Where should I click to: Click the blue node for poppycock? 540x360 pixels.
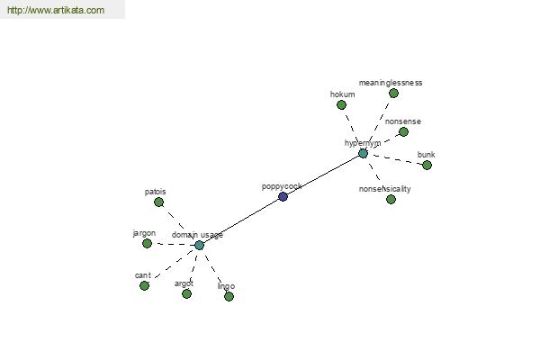tap(283, 197)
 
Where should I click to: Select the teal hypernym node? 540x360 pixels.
tap(363, 153)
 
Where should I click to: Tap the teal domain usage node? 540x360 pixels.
tap(199, 246)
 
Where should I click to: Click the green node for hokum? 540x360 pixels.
tap(341, 104)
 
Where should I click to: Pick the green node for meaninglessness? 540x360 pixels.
tap(393, 93)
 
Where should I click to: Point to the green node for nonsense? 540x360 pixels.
tap(403, 131)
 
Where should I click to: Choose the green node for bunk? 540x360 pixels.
tap(427, 165)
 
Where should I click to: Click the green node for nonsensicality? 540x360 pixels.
tap(391, 199)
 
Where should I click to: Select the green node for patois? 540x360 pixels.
tap(158, 202)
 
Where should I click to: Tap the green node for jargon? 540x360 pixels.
tap(147, 243)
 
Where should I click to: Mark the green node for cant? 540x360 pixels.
tap(144, 285)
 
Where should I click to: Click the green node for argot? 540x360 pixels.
tap(186, 293)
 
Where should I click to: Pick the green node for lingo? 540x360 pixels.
tap(229, 296)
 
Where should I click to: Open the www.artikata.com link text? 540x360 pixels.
tap(56, 10)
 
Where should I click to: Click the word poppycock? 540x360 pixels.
tap(282, 186)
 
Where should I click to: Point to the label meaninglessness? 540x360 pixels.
tap(391, 83)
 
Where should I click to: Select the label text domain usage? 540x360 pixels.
tap(197, 235)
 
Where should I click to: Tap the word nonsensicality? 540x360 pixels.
tap(384, 189)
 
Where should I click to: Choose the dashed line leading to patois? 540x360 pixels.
tap(176, 220)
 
